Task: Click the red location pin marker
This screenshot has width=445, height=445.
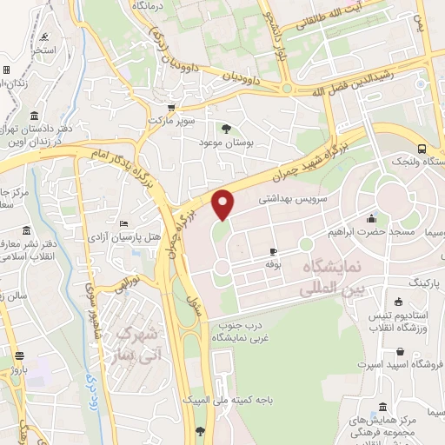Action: pos(224,204)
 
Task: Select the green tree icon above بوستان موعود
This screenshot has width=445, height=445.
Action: pos(227,129)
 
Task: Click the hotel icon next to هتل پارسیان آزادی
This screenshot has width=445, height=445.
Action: pos(124,222)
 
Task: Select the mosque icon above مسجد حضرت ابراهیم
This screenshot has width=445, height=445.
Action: pos(371,218)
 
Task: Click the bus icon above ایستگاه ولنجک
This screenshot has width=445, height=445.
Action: pos(422,148)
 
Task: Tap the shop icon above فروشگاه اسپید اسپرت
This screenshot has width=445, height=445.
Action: pos(399,352)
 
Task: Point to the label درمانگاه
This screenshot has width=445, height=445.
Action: pos(172,6)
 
